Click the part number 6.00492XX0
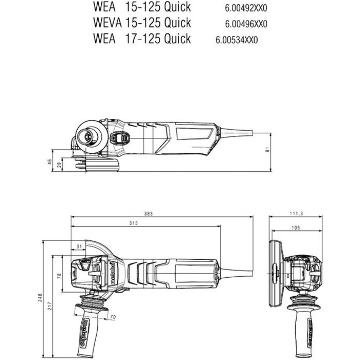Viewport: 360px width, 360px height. point(246,8)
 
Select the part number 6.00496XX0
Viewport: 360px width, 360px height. point(246,24)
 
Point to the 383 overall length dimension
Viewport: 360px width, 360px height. point(148,213)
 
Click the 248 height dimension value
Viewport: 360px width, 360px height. point(41,298)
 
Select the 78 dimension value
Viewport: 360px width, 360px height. point(59,276)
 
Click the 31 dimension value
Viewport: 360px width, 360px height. point(78,247)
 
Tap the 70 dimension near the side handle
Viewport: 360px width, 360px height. point(112,317)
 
